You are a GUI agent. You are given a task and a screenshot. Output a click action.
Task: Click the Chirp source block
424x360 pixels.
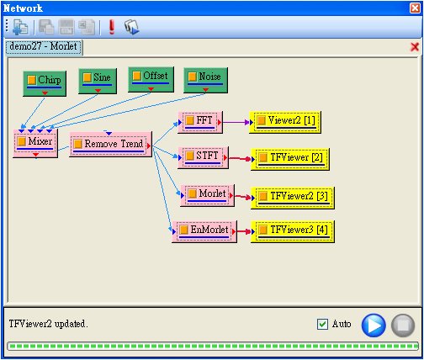pos(45,83)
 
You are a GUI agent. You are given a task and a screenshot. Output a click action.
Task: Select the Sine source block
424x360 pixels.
pos(98,81)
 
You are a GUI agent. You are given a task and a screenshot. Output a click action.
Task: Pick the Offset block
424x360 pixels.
pos(151,79)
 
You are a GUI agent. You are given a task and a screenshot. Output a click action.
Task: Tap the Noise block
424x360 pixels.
pos(205,80)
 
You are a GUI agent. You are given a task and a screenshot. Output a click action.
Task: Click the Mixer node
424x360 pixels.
pos(35,143)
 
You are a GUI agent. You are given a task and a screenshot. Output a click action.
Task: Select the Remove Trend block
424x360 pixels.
pos(111,144)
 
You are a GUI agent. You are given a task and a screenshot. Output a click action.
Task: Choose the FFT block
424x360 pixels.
pos(200,122)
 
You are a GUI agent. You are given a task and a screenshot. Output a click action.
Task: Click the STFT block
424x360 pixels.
pos(203,157)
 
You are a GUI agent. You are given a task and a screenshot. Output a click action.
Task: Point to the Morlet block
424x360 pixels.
pos(207,195)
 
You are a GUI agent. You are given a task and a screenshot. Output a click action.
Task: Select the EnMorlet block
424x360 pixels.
pos(204,231)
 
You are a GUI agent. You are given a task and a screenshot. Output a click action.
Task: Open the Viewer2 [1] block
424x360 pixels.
pos(285,122)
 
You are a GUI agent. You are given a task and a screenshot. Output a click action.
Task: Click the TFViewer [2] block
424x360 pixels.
pos(290,159)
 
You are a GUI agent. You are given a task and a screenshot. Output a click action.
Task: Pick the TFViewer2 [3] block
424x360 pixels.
pos(293,198)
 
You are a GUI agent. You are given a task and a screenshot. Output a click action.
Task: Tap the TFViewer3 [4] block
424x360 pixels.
pos(293,231)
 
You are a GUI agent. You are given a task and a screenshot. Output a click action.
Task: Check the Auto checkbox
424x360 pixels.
pos(322,325)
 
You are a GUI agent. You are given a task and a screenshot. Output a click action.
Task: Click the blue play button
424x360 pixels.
pos(374,326)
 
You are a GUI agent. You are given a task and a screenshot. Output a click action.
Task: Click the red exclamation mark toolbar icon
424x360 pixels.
pos(112,27)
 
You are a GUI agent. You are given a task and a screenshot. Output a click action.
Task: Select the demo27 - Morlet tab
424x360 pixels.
pos(44,47)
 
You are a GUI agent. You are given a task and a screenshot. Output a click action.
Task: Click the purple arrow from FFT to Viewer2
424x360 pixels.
pos(236,122)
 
